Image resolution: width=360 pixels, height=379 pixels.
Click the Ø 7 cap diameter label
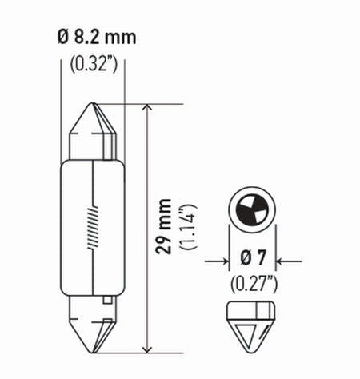(x=252, y=260)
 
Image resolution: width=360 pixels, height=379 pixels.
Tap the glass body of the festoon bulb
(x=93, y=228)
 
